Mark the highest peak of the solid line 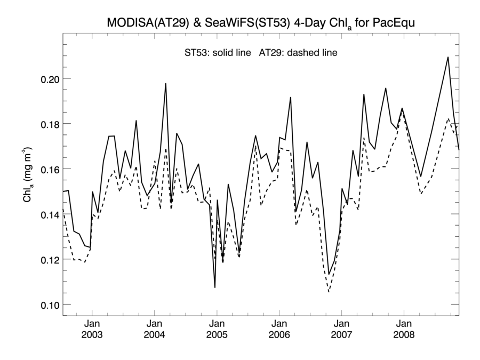click(x=448, y=57)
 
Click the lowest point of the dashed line click(x=329, y=292)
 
